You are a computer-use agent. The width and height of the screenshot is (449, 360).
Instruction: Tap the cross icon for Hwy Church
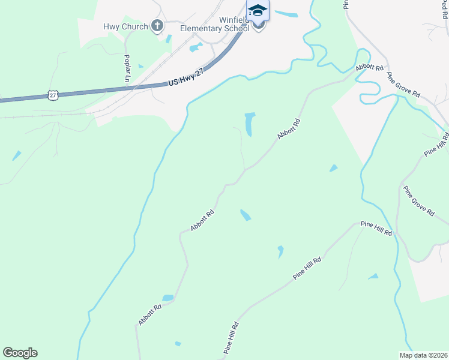pyautogui.click(x=157, y=25)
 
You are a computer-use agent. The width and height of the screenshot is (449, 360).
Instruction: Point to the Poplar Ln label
pyautogui.click(x=127, y=68)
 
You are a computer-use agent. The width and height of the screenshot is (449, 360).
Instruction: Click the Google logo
pyautogui.click(x=20, y=353)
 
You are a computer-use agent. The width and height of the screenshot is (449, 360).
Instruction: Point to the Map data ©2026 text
pyautogui.click(x=423, y=355)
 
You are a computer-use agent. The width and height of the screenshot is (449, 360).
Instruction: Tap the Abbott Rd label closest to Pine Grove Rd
pyautogui.click(x=369, y=67)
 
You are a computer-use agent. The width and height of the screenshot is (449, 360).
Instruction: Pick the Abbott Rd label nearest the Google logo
pyautogui.click(x=150, y=315)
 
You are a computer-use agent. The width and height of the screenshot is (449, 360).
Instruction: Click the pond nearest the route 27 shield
pyautogui.click(x=16, y=155)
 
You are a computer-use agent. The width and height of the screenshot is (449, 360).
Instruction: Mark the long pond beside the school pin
pyautogui.click(x=286, y=14)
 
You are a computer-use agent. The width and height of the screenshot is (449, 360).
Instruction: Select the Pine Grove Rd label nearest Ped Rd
pyautogui.click(x=403, y=86)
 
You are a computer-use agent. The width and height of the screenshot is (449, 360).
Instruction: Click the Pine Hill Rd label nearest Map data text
pyautogui.click(x=376, y=227)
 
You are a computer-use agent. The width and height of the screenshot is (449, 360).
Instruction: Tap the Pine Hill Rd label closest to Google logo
pyautogui.click(x=232, y=337)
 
